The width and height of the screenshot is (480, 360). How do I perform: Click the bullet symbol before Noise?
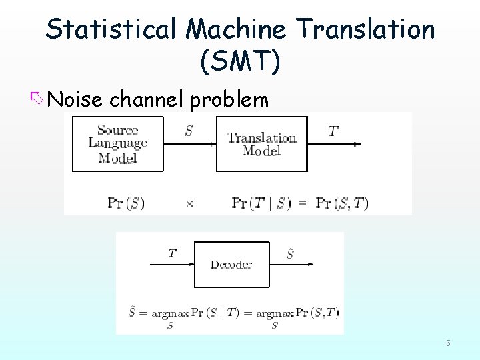[x=37, y=99]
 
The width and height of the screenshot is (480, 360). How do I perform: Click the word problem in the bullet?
[x=229, y=100]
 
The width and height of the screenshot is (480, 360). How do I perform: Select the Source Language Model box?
[x=117, y=144]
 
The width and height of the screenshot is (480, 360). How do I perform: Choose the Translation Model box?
[x=261, y=144]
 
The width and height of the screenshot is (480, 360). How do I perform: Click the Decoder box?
[x=231, y=265]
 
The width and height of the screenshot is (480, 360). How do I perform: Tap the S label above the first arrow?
[x=189, y=131]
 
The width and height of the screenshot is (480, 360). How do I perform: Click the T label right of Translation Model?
[x=333, y=131]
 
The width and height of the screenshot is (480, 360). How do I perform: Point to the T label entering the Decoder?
[x=172, y=253]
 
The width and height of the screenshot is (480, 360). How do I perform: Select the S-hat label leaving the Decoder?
[x=291, y=253]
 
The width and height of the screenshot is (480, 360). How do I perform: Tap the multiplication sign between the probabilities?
[x=189, y=204]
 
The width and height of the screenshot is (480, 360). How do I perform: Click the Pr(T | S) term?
[x=261, y=203]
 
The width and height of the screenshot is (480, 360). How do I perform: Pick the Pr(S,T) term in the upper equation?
[x=342, y=203]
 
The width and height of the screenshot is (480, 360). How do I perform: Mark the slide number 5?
[x=448, y=343]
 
